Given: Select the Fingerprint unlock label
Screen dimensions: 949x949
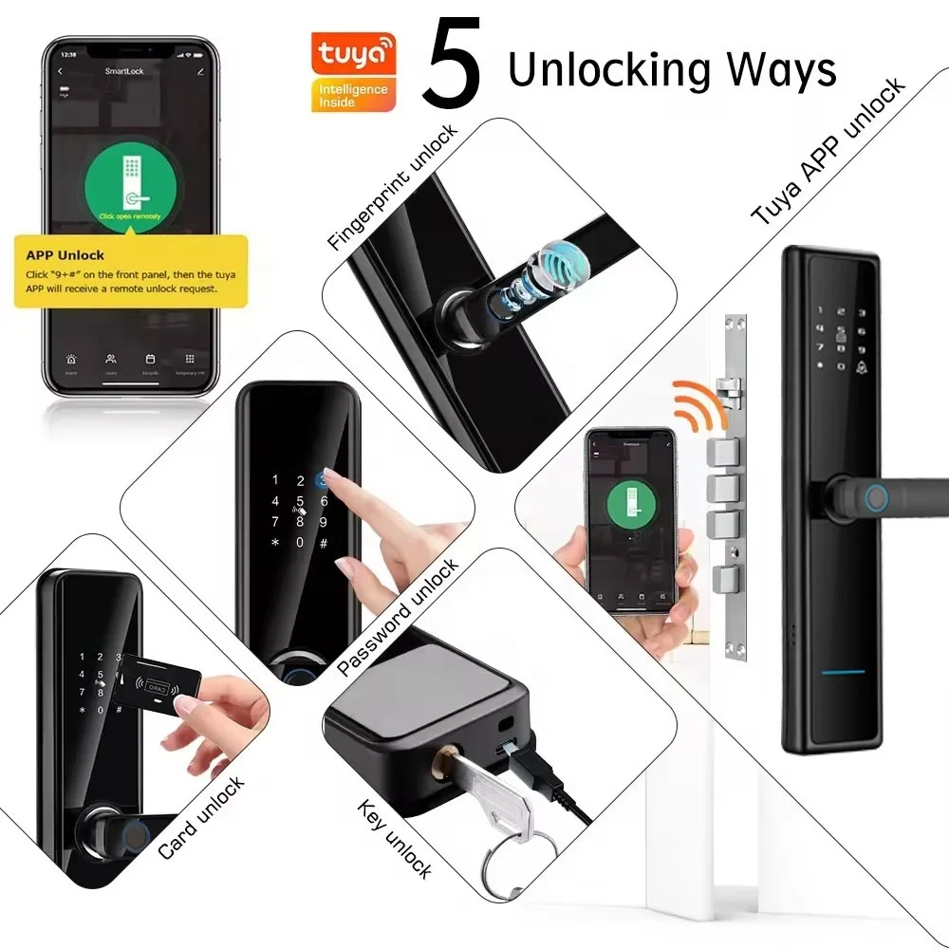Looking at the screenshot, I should pos(393,186).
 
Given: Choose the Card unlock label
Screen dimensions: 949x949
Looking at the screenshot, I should pos(201,817).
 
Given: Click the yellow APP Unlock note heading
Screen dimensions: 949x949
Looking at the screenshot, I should pos(66,254).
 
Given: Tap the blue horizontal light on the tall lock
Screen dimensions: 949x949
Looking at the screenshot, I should pos(843,672).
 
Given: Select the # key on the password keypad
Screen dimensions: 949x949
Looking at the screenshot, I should pos(324,543).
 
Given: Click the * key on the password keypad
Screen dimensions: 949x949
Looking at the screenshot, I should pos(275,543).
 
